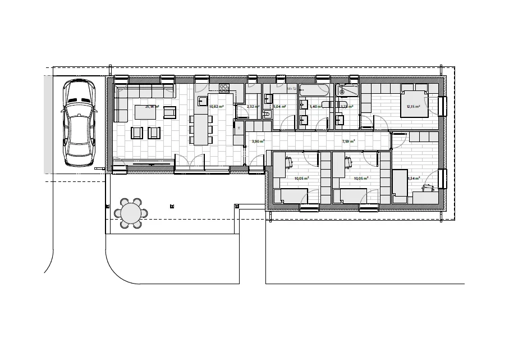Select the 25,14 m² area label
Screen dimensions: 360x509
152,106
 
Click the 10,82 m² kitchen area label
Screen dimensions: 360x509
217,106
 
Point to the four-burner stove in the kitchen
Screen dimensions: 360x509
224,88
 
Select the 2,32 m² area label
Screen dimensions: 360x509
253,106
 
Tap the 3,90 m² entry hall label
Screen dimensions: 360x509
258,142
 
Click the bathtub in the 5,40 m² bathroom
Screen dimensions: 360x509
315,90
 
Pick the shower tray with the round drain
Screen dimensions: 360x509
346,90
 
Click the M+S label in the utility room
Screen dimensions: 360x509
291,89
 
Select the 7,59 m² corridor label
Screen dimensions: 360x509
348,142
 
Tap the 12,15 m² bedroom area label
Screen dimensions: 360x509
414,106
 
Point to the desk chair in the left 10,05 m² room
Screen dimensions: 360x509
289,163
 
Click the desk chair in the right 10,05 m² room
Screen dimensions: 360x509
349,163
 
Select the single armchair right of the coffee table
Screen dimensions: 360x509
169,112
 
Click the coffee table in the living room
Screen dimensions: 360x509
144,112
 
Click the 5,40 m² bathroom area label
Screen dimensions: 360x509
315,106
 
